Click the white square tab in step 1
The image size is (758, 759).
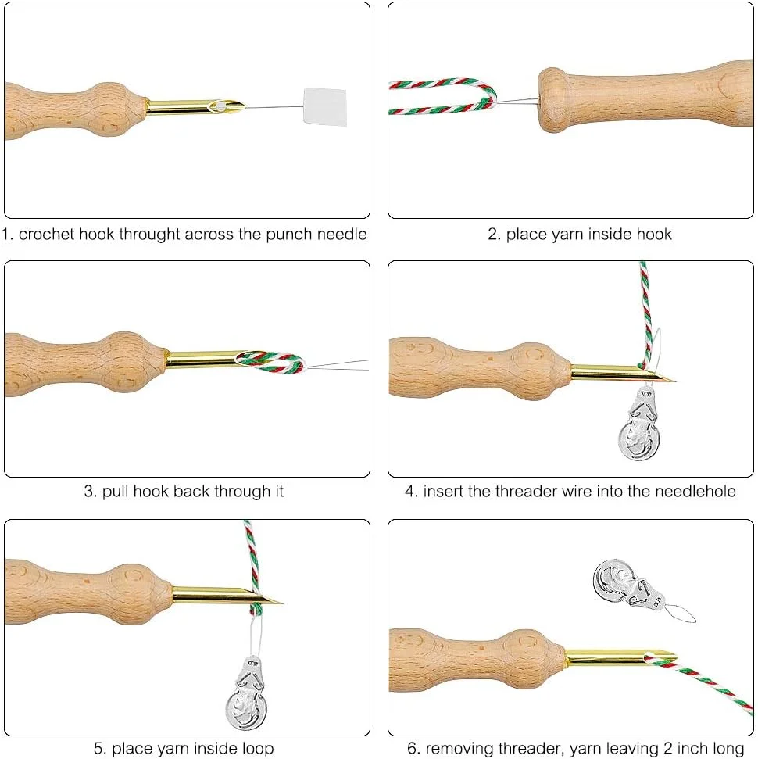click(x=325, y=106)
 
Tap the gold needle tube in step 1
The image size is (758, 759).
click(x=194, y=107)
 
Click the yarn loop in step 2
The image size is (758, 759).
click(x=442, y=96)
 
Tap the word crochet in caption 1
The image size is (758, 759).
click(x=46, y=235)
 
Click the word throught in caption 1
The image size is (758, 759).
click(x=149, y=235)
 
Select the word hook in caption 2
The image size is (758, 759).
click(x=654, y=235)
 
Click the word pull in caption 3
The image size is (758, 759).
click(x=115, y=492)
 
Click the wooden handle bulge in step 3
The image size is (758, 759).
click(x=130, y=362)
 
